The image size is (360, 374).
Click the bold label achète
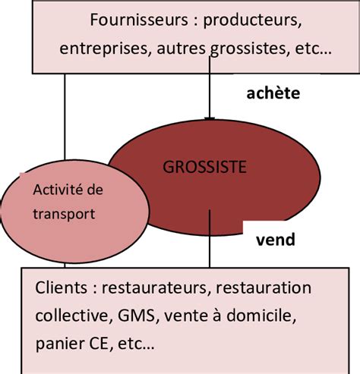[x=273, y=93]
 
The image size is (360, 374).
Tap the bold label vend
[x=273, y=240]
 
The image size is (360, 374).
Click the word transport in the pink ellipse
[x=65, y=213]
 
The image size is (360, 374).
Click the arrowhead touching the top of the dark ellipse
[x=210, y=118]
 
